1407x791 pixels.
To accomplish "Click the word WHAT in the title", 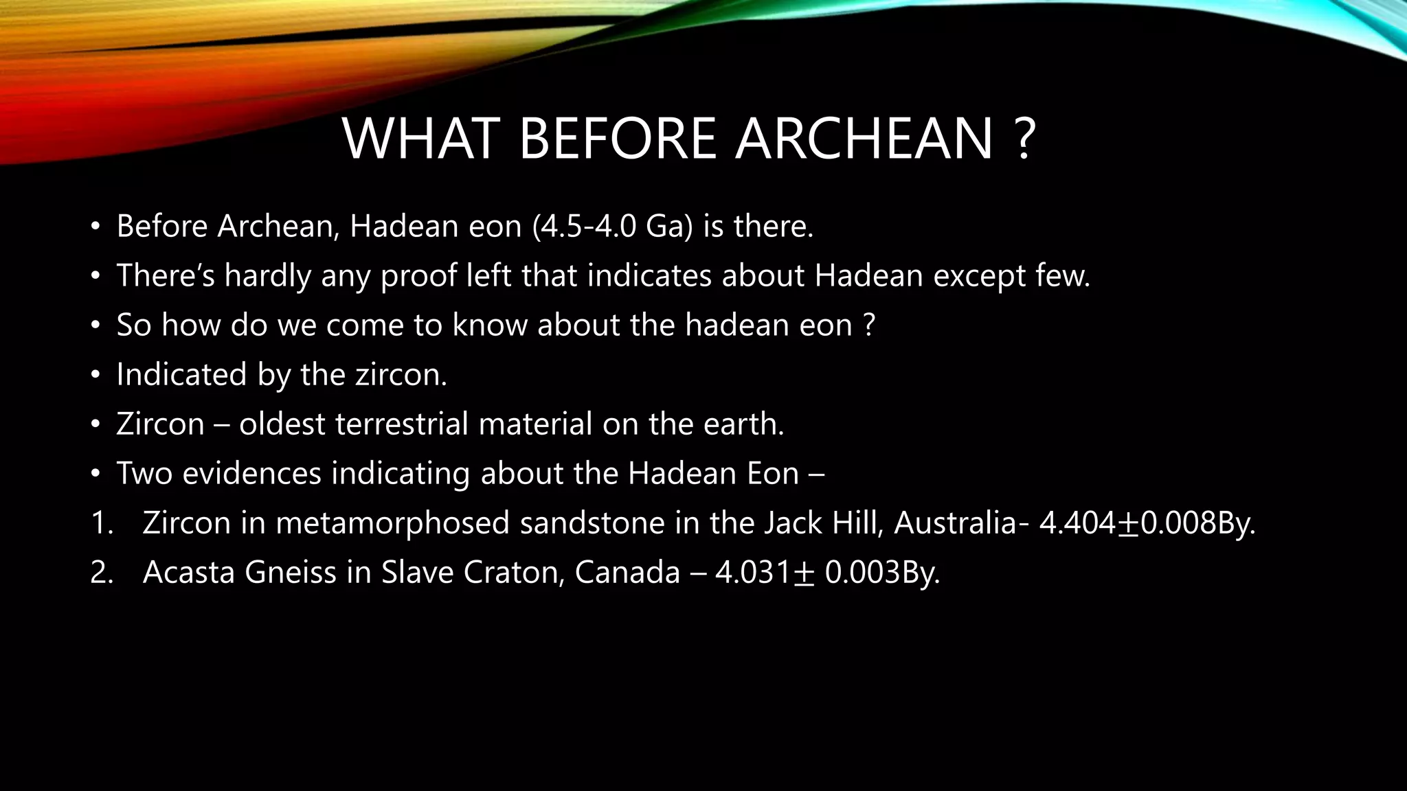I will point(419,139).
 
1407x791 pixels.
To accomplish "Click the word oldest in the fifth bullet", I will point(282,424).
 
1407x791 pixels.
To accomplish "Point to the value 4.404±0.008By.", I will point(1147,523).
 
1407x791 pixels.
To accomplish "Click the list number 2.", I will point(101,573).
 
